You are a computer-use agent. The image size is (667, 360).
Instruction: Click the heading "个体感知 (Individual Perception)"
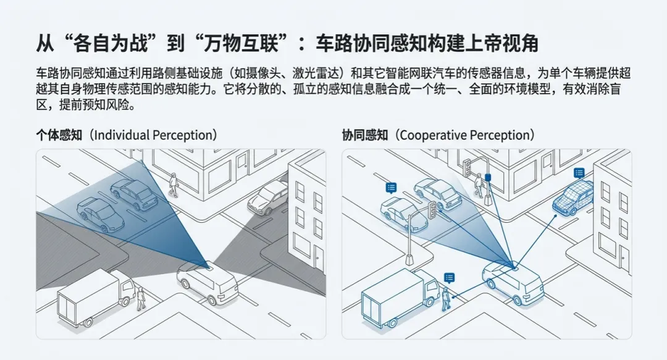[x=126, y=135]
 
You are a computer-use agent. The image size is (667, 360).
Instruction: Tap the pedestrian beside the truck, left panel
[x=141, y=298]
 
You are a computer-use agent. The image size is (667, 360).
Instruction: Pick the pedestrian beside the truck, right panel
[x=447, y=299]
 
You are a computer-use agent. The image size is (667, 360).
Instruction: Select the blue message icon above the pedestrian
[x=449, y=278]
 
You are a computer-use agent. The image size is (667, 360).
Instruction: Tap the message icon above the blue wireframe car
[x=579, y=173]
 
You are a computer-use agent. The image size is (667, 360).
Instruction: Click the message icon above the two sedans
[x=391, y=187]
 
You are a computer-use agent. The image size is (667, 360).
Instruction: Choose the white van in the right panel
[x=513, y=282]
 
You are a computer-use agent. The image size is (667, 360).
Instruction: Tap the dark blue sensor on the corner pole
[x=488, y=178]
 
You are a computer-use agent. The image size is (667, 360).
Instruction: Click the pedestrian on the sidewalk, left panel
[x=174, y=184]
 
